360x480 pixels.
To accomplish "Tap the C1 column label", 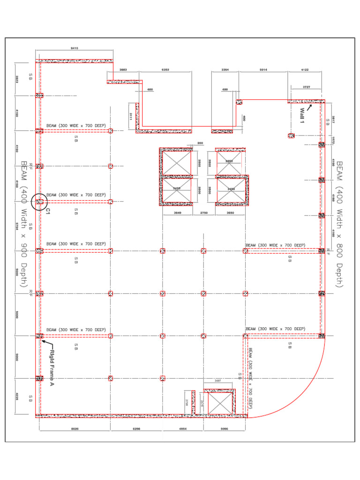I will pos(48,211).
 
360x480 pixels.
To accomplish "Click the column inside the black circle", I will pos(39,202).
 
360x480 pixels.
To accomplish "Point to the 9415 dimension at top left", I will pos(74,48).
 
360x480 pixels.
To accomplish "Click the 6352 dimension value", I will pos(165,69).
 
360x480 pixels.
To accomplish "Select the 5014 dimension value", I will pos(263,69).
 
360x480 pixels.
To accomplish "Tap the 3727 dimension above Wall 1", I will pos(307,87).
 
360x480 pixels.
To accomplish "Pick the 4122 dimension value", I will pos(305,69).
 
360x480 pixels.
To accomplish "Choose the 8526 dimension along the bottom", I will pos(75,428).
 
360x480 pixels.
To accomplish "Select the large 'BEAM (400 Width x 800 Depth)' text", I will pos(339,224).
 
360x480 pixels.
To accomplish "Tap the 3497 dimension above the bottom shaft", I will pos(218,381).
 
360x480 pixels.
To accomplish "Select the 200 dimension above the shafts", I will pos(200,143).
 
